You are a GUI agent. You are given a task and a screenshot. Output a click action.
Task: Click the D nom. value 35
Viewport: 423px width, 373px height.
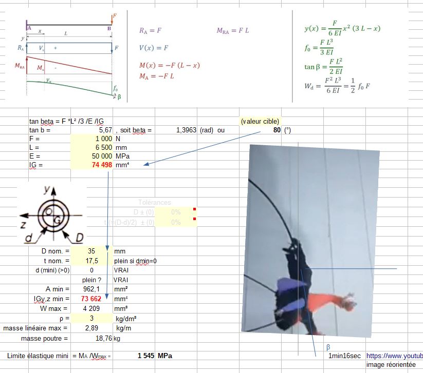point(91,251)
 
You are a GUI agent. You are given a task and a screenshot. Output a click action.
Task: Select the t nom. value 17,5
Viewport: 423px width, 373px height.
point(91,261)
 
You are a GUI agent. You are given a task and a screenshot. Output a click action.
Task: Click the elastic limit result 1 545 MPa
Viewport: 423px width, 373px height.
point(154,356)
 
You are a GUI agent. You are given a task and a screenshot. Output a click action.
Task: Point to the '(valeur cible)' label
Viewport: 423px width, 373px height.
point(260,122)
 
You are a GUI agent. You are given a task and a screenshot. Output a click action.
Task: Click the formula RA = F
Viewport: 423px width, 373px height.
point(150,31)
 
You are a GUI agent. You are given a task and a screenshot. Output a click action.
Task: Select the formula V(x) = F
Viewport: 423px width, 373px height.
point(154,48)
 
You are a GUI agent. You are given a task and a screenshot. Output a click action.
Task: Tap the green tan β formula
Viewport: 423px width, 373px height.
point(323,66)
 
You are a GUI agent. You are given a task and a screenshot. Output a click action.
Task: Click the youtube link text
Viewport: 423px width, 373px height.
point(394,356)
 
